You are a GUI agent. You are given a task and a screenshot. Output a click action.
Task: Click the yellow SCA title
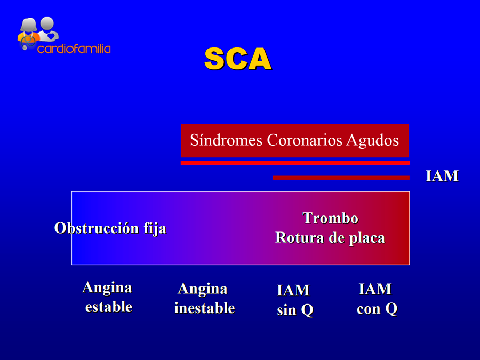pos(238,59)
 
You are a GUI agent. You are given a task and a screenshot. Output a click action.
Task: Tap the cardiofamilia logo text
pos(74,49)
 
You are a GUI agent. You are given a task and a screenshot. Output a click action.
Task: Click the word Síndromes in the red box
pos(226,140)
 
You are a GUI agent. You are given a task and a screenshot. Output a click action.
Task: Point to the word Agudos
pos(373,141)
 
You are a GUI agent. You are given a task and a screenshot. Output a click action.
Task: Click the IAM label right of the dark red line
pos(442,176)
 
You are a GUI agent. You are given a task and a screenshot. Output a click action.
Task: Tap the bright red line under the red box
pos(295,163)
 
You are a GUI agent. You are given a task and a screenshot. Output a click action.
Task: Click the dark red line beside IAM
pos(341,178)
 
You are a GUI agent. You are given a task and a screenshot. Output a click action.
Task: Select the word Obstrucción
pos(97,228)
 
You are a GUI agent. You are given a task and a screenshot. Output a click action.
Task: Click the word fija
pos(155,229)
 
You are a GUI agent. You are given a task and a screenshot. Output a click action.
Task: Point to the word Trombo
pos(330,218)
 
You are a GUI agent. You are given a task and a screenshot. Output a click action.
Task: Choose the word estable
pos(109,307)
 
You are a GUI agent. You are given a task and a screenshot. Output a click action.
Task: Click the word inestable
pos(204,308)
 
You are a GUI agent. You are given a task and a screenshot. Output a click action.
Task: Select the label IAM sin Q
pos(295,300)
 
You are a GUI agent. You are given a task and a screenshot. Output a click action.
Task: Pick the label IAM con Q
pos(377,299)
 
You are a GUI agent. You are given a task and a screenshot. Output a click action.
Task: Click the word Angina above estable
pos(107,288)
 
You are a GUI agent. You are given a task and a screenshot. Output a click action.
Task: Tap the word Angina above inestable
pos(203,289)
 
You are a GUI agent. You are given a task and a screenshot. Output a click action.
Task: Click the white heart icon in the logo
pos(51,36)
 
